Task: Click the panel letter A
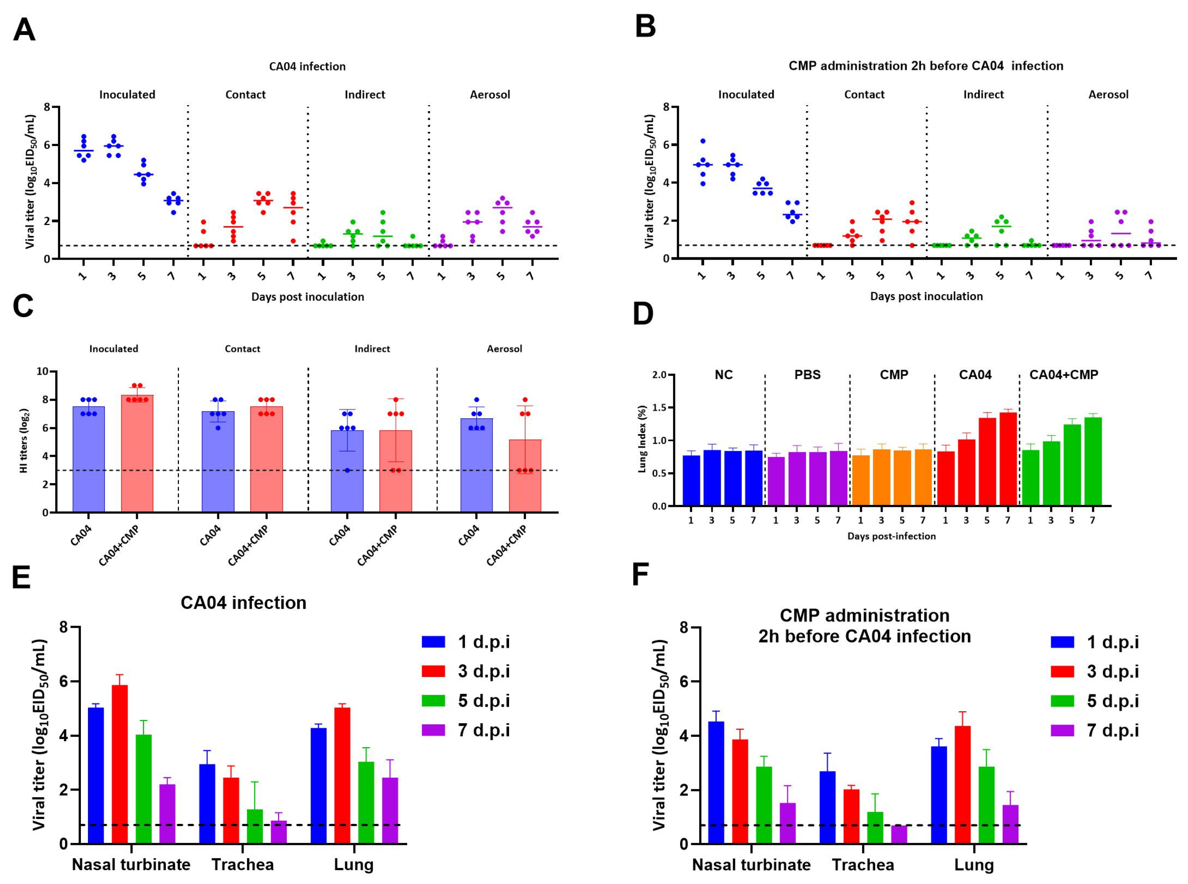click(24, 30)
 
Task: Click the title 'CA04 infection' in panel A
click(307, 67)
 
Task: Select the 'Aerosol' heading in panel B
click(1108, 95)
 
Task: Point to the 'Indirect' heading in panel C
click(372, 349)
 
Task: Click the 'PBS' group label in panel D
click(807, 375)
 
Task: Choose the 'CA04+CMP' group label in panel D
click(1063, 375)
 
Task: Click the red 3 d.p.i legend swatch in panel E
click(433, 671)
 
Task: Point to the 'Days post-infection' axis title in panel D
click(891, 536)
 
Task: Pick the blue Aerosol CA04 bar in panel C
click(476, 465)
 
